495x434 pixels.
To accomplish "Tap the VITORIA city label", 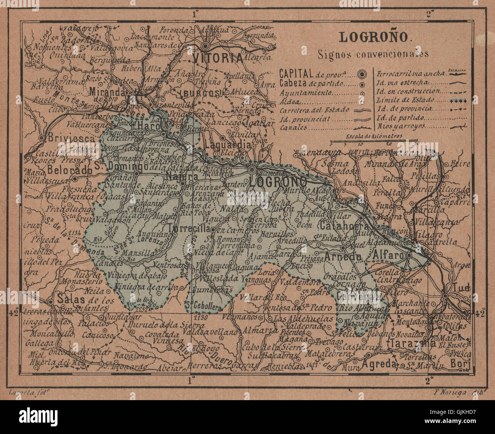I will [x=218, y=59].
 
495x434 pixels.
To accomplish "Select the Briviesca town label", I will [x=71, y=139].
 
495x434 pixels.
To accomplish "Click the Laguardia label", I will [x=227, y=145].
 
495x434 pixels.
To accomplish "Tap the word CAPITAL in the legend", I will [x=297, y=73].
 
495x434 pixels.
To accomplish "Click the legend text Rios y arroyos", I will [x=401, y=126].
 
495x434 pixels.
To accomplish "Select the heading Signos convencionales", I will [x=373, y=54].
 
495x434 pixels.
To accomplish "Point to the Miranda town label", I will [x=108, y=93].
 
